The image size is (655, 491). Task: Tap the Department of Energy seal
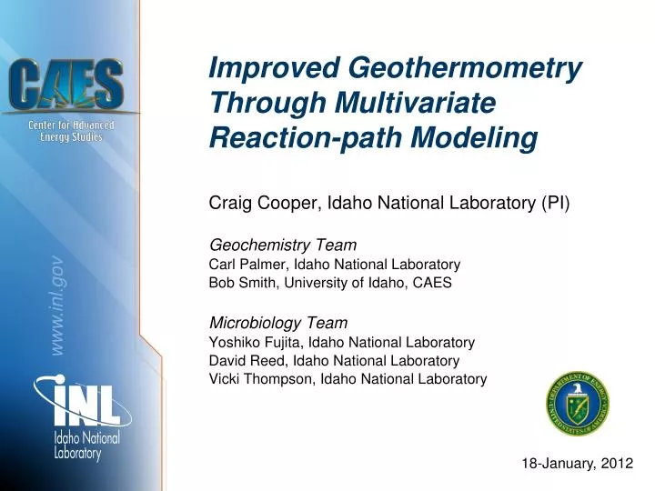click(x=578, y=403)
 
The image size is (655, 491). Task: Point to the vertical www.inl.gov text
click(x=56, y=306)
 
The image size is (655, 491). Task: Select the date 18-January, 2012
click(x=577, y=463)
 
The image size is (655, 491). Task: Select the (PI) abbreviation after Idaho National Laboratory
click(x=554, y=202)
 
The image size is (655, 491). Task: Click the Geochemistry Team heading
click(x=283, y=245)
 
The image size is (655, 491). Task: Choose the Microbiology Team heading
click(x=278, y=322)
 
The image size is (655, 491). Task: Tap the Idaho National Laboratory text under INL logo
click(x=86, y=446)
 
